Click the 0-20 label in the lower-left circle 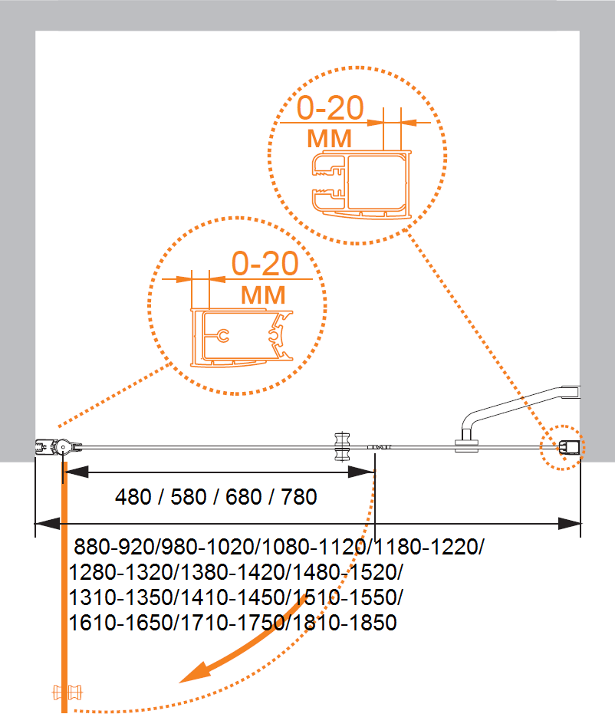[265, 265]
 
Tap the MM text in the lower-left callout [263, 294]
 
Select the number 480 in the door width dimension [133, 497]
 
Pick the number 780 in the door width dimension [298, 497]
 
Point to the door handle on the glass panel [342, 447]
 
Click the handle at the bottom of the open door [66, 693]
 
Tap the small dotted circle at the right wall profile [561, 446]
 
